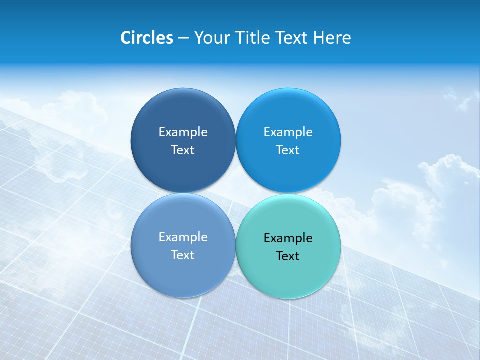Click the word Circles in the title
click(x=147, y=38)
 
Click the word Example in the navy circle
click(x=183, y=132)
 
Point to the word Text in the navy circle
click(x=183, y=150)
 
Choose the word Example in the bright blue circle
click(x=288, y=132)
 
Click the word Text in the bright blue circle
click(x=288, y=150)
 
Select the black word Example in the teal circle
click(x=288, y=238)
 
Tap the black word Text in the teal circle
click(x=288, y=256)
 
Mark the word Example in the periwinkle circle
click(x=183, y=237)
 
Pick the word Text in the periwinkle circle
click(x=183, y=255)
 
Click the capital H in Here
click(x=319, y=38)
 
